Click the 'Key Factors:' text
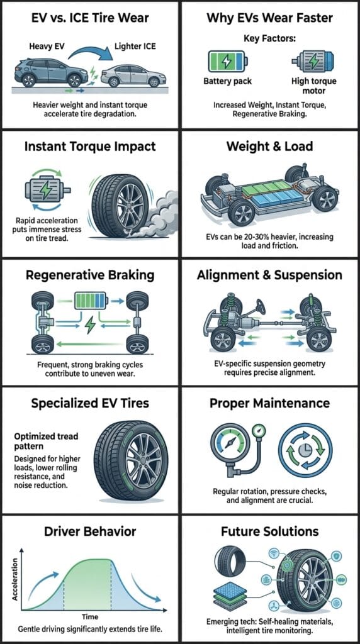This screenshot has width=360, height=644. [x=269, y=38]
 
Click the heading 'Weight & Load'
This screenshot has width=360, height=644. [x=269, y=148]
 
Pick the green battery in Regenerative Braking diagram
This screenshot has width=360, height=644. [x=91, y=300]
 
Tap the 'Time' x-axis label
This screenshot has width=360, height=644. [x=90, y=617]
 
